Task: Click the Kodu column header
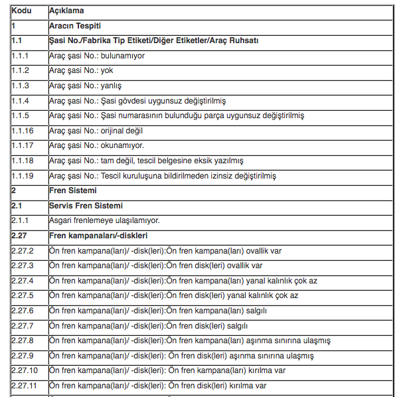[x=22, y=11]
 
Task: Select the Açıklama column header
[x=66, y=11]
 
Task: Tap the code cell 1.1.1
[x=21, y=56]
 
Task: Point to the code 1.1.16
[x=23, y=131]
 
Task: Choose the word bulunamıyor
[x=123, y=56]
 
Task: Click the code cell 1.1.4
[x=21, y=101]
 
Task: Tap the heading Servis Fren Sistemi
[x=86, y=206]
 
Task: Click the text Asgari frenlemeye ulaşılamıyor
[x=104, y=220]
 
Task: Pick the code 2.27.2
[x=23, y=251]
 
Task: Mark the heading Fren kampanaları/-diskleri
[x=98, y=236]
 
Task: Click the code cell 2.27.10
[x=25, y=370]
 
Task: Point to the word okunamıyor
[x=123, y=146]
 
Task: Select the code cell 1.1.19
[x=23, y=176]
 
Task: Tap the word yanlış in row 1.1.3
[x=111, y=86]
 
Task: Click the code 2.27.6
[x=23, y=311]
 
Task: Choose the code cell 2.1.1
[x=21, y=220]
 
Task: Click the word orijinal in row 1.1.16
[x=115, y=131]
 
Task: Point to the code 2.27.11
[x=25, y=386]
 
